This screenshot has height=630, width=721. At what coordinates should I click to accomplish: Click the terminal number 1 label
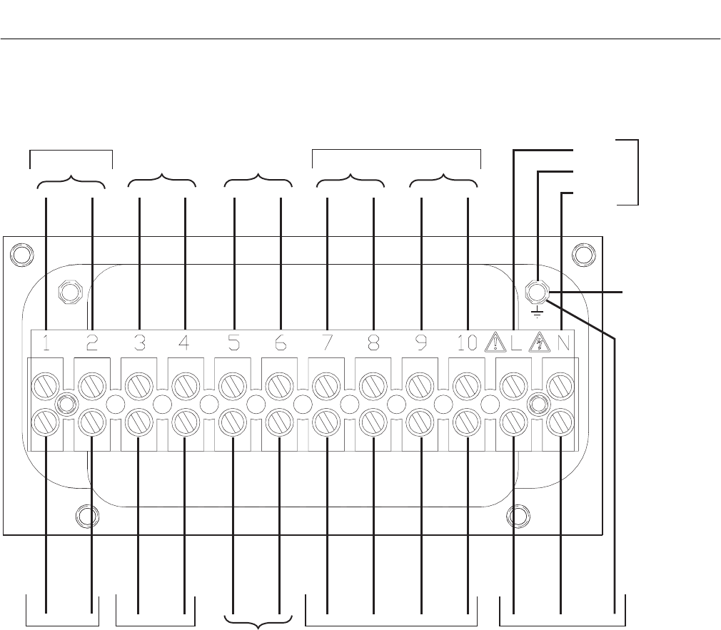pos(45,343)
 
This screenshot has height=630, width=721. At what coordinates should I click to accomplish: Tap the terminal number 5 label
pos(233,343)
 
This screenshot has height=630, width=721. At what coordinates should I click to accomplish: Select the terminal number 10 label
pos(467,343)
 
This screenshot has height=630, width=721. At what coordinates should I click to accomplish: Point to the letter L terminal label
pos(516,343)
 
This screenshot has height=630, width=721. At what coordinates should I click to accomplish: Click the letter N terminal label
pos(563,343)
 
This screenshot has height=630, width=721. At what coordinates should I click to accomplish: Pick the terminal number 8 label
pos(373,343)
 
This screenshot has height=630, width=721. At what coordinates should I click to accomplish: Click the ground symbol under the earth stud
pos(536,312)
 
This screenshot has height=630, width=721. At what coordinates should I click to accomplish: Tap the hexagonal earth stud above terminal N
pos(536,292)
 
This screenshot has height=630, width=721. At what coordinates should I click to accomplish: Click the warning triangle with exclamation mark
pos(494,343)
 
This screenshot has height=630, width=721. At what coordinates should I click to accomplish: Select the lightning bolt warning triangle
pos(539,343)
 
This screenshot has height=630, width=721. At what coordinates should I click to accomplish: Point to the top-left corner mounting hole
pos(21,254)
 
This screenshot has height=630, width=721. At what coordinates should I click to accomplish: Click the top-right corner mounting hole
pos(583,254)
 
